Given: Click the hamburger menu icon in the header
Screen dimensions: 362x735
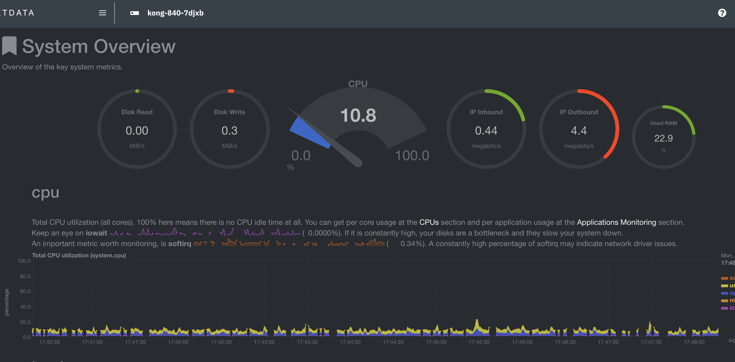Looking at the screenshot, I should (103, 13).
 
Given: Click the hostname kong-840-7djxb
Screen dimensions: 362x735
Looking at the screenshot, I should (175, 13).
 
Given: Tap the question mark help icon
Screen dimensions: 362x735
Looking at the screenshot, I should (722, 13).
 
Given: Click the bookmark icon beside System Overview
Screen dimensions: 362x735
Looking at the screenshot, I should (9, 46).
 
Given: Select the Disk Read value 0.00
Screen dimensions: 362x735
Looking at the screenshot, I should (137, 131).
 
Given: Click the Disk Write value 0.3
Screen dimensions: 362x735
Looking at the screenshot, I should (229, 131).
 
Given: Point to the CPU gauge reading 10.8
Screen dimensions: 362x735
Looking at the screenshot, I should (358, 116).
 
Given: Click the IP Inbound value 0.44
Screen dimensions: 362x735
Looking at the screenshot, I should (486, 131).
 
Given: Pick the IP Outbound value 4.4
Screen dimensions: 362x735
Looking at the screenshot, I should (579, 131).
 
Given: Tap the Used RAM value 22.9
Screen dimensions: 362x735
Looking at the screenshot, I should (663, 138).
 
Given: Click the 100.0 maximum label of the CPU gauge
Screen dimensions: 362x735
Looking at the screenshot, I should (412, 156).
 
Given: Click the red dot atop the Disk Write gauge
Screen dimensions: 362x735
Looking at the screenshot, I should (231, 91).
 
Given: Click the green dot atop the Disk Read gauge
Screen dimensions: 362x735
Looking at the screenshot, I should (137, 91).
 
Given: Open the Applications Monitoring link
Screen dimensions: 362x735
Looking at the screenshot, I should (616, 222).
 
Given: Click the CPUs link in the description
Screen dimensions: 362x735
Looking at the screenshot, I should (429, 222).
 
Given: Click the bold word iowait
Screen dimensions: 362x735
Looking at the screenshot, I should (96, 233).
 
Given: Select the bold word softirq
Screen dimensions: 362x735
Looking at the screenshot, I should (180, 244).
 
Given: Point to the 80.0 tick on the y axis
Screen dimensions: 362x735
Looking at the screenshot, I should (25, 276).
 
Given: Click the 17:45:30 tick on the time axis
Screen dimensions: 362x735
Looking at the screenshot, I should (479, 342).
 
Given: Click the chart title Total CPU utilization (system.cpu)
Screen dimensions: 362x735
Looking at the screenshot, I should (79, 255).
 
